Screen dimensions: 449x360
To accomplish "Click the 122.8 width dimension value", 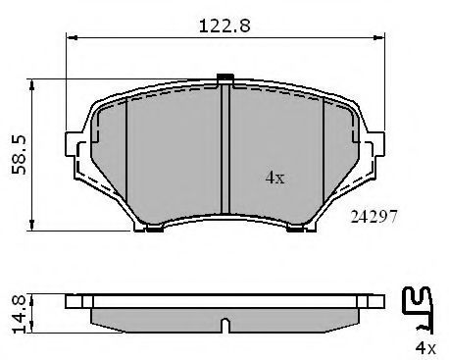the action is pyautogui.click(x=224, y=26).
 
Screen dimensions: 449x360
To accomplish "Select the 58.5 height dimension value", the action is pyautogui.click(x=19, y=155).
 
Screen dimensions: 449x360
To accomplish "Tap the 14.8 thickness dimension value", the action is pyautogui.click(x=19, y=314).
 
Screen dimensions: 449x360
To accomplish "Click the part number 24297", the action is pyautogui.click(x=374, y=217).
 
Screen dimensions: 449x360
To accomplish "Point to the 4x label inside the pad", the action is pyautogui.click(x=274, y=178).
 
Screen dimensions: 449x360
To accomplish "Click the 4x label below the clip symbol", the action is pyautogui.click(x=425, y=348).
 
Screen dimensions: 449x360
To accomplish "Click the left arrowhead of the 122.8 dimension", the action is pyautogui.click(x=72, y=38).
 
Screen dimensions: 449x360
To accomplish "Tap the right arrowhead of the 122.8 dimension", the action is pyautogui.click(x=379, y=38).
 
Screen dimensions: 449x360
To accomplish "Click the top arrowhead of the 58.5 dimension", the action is pyautogui.click(x=31, y=84).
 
